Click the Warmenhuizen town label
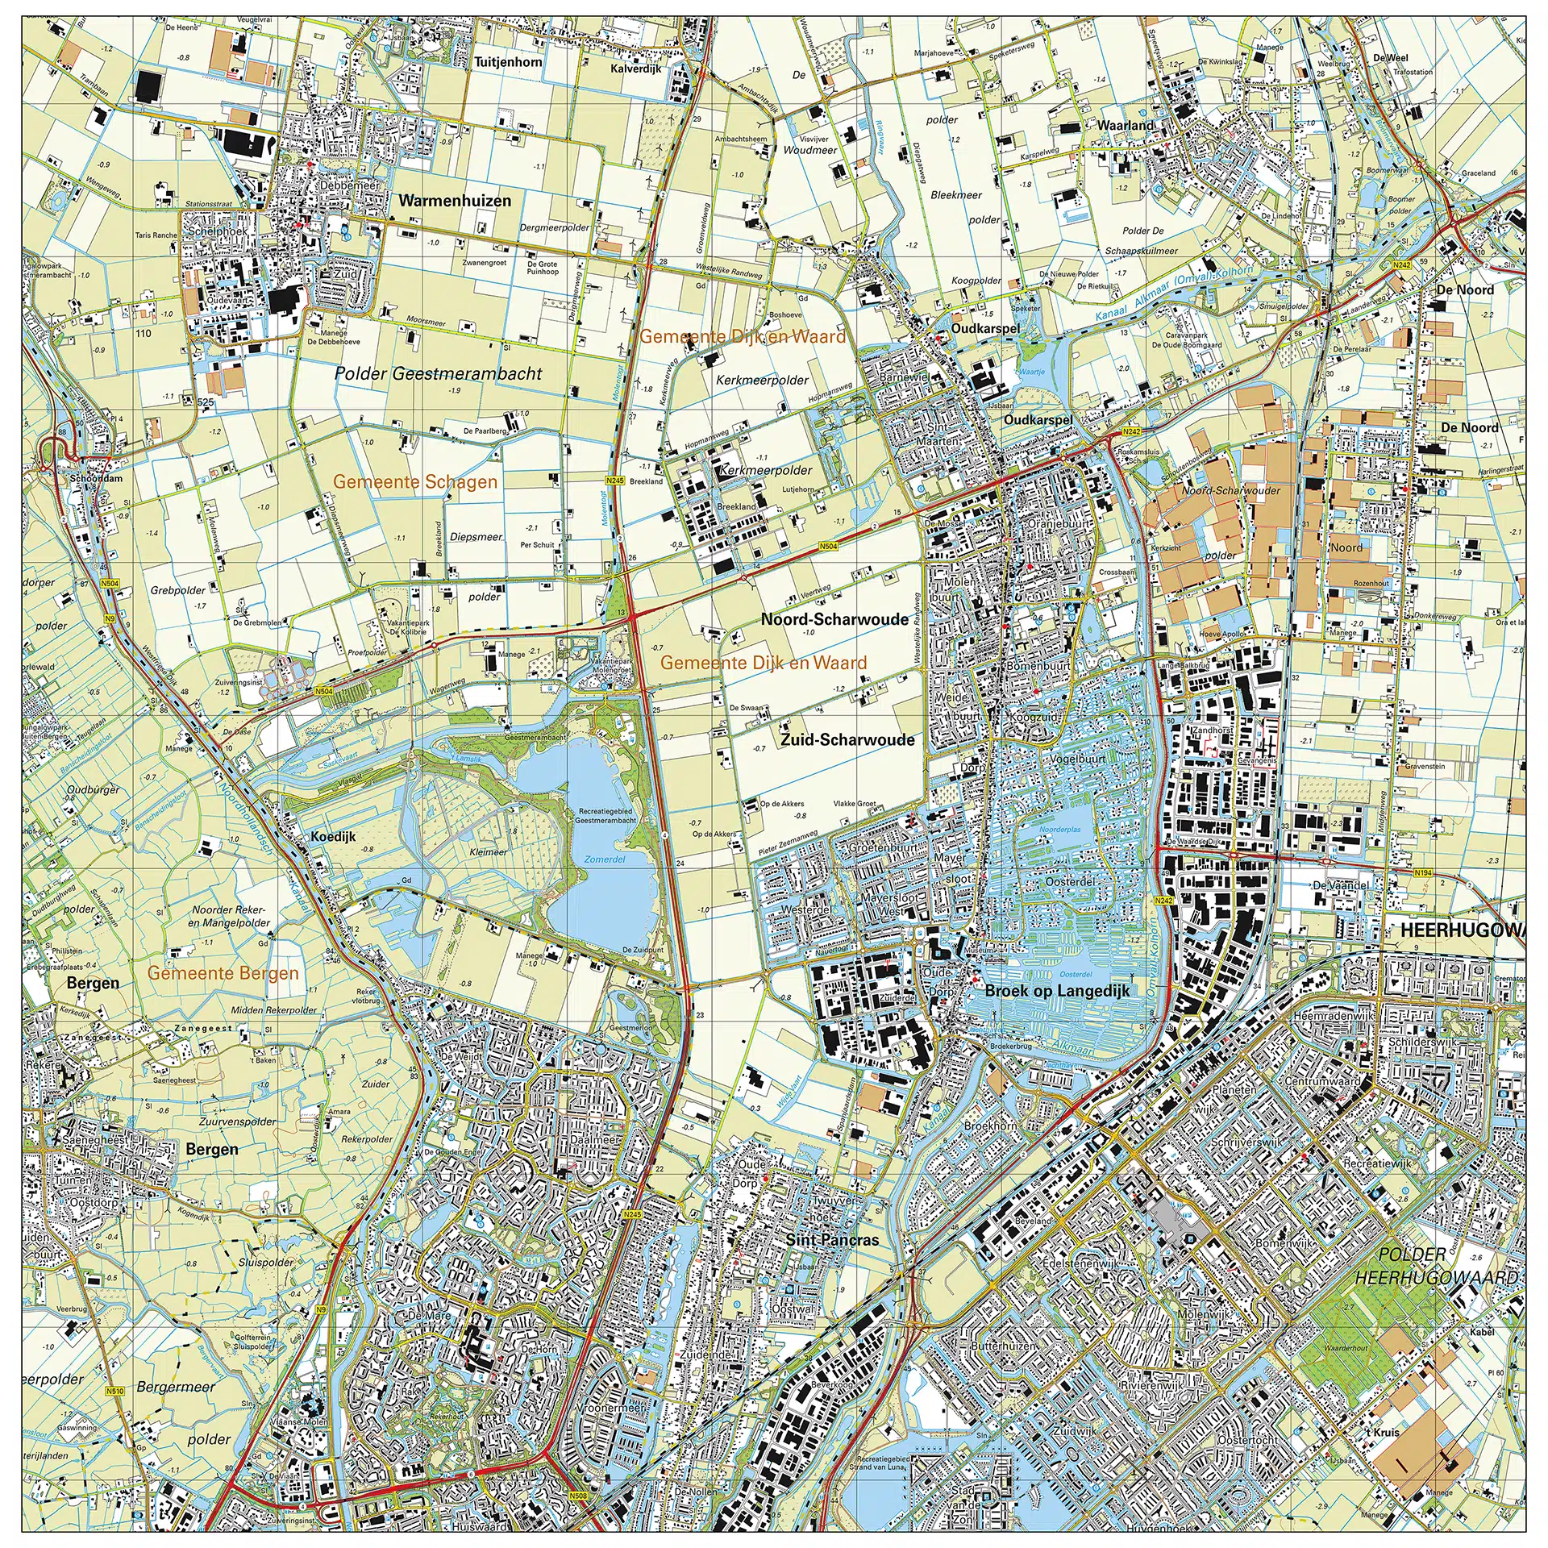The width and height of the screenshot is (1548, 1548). coord(455,202)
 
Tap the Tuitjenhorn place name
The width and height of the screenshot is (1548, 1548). coord(508,62)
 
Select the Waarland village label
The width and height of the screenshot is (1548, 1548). coord(1126,126)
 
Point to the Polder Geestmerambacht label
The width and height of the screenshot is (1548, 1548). coord(438,373)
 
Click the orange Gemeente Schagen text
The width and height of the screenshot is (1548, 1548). coord(415,482)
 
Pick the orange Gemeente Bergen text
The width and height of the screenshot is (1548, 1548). coord(223,973)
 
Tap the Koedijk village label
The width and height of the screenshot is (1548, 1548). coord(333,837)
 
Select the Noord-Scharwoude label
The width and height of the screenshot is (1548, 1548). coord(834,619)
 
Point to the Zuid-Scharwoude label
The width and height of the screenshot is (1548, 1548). coord(847,739)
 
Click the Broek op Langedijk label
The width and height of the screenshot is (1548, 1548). coord(1057,991)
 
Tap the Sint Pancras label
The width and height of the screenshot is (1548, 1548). coord(832,1240)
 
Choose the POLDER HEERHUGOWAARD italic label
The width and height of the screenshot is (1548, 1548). coord(1436,1266)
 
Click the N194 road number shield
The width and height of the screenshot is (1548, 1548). coord(1423,872)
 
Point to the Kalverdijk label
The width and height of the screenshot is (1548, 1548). coord(635,69)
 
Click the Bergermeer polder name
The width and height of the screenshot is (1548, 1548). coord(176,1387)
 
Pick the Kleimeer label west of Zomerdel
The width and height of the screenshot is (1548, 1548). coord(488,851)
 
